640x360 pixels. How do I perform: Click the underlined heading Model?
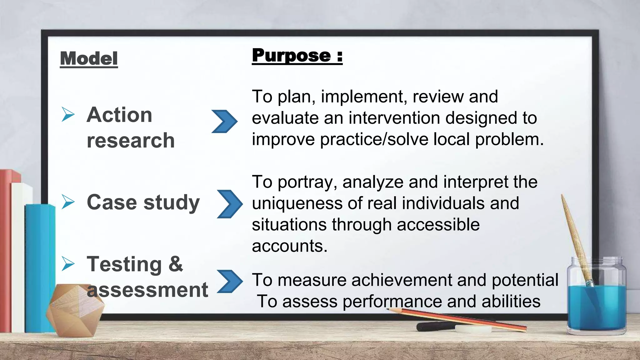pos(89,59)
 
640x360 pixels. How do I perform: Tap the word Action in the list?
pos(119,115)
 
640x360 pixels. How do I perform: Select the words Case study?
pos(143,202)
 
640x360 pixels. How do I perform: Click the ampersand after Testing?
pos(176,264)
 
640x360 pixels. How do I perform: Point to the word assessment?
pos(147,290)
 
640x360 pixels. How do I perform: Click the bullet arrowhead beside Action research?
pos(68,114)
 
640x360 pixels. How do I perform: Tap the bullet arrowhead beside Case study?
pos(68,202)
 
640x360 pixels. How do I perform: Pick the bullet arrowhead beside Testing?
pos(68,264)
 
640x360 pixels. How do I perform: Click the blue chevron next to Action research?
pos(224,121)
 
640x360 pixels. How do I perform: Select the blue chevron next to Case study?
pos(230,204)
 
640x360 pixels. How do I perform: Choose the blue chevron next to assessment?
pos(230,281)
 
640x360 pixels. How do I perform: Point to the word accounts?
pos(289,246)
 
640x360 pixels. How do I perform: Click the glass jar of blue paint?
pos(596,300)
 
